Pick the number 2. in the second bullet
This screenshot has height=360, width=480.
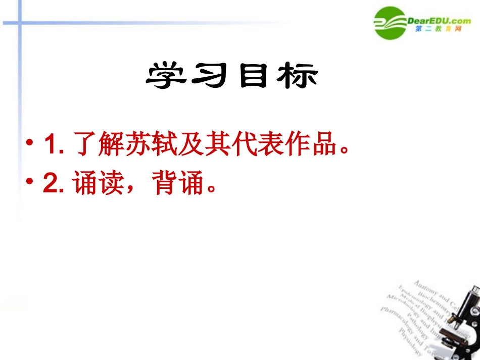[53, 184]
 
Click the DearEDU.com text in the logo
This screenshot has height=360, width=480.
[439, 21]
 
